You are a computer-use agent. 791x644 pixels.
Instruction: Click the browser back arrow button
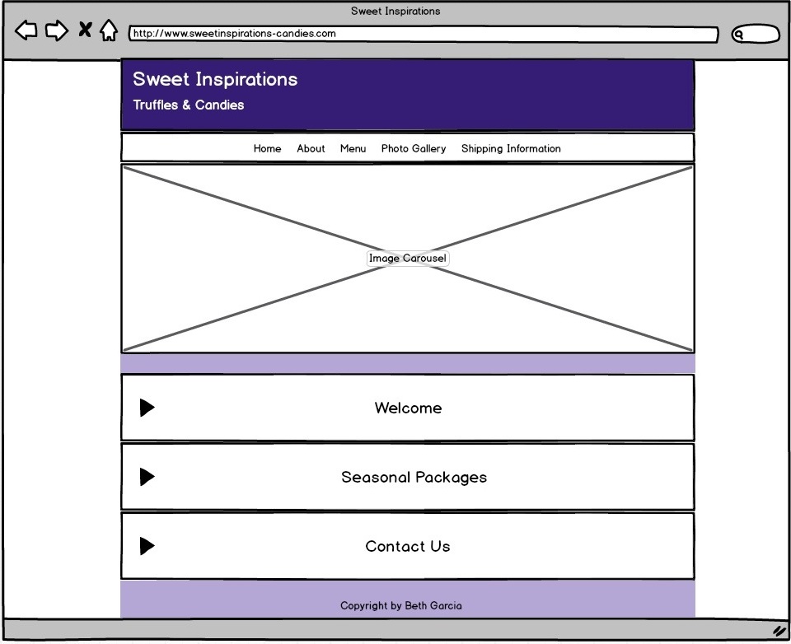[x=26, y=30]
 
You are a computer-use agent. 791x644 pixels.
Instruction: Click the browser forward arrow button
[x=57, y=30]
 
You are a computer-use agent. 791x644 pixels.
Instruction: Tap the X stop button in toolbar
[x=85, y=30]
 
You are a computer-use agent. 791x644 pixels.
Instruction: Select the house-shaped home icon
[x=109, y=30]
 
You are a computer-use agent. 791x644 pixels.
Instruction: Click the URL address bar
[x=424, y=34]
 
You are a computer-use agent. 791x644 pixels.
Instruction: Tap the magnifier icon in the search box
[x=739, y=35]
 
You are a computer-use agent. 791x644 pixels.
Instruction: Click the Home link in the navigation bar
[x=267, y=149]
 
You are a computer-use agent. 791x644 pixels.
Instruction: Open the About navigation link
[x=311, y=149]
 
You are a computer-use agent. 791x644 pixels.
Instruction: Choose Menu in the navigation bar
[x=353, y=149]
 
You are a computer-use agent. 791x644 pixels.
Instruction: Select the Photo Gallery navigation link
[x=414, y=149]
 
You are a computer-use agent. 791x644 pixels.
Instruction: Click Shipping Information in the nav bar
[x=511, y=149]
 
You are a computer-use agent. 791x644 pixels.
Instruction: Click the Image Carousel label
[x=408, y=259]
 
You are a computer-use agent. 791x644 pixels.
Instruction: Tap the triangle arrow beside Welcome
[x=147, y=408]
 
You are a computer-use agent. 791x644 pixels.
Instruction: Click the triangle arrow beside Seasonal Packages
[x=147, y=477]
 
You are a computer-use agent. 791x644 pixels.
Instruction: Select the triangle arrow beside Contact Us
[x=147, y=546]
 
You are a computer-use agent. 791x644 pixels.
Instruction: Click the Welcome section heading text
[x=408, y=408]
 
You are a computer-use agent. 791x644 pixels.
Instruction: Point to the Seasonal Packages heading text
[x=414, y=477]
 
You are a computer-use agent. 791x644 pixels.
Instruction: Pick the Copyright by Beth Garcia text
[x=401, y=605]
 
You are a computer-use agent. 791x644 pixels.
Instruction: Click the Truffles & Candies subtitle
[x=189, y=105]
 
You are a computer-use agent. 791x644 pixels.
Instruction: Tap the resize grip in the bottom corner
[x=780, y=631]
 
